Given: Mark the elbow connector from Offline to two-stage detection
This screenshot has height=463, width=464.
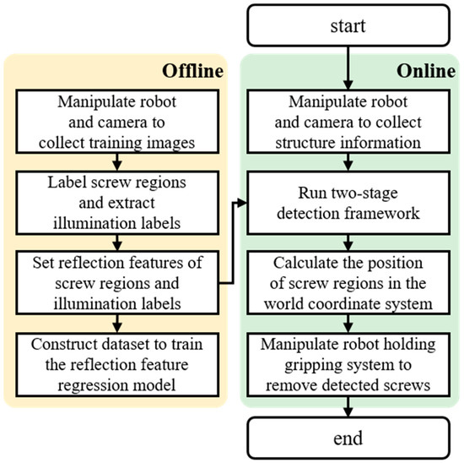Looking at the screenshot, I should [x=235, y=245].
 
